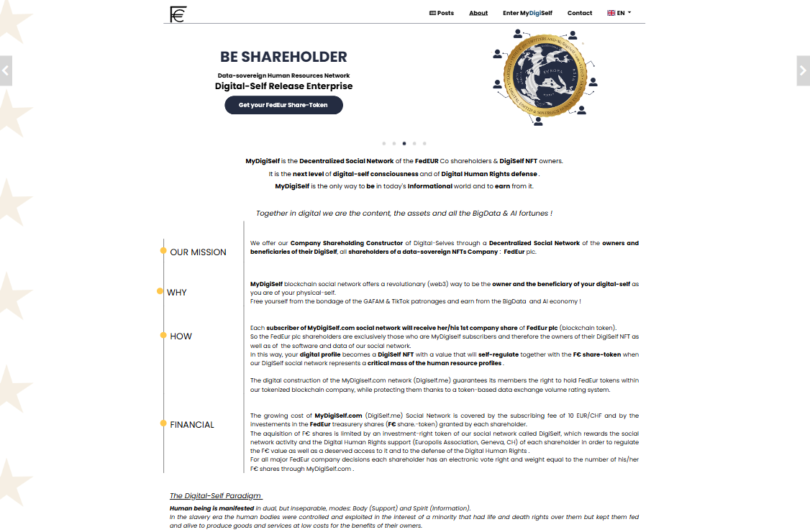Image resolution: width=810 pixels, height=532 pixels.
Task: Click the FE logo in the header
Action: point(178,14)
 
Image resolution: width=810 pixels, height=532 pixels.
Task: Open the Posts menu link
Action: point(442,13)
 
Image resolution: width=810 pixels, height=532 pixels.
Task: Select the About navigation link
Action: point(478,13)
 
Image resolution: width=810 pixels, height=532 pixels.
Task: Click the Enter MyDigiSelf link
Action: point(527,13)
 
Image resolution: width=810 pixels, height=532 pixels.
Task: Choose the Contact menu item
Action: point(580,13)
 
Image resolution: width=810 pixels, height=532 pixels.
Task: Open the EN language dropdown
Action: point(619,13)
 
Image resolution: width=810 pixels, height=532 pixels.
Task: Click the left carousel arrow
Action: point(6,70)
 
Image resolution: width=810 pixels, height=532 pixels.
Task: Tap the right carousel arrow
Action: point(804,70)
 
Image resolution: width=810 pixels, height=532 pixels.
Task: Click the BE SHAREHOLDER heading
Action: point(283,57)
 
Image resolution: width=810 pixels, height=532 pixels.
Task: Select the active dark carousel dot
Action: point(404,144)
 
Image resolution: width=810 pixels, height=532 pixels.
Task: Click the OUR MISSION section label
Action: point(198,252)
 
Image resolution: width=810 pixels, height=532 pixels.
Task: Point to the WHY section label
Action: point(176,293)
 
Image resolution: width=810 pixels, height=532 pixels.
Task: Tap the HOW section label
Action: point(181,336)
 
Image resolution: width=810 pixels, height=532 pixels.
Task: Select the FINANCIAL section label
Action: point(192,425)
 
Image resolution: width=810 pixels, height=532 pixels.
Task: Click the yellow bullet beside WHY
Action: point(160,291)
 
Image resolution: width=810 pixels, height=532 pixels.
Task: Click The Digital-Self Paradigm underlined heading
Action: point(216,496)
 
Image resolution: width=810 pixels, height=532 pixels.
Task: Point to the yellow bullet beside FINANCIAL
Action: point(163,423)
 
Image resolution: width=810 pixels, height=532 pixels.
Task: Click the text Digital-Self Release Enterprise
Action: point(283,86)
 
